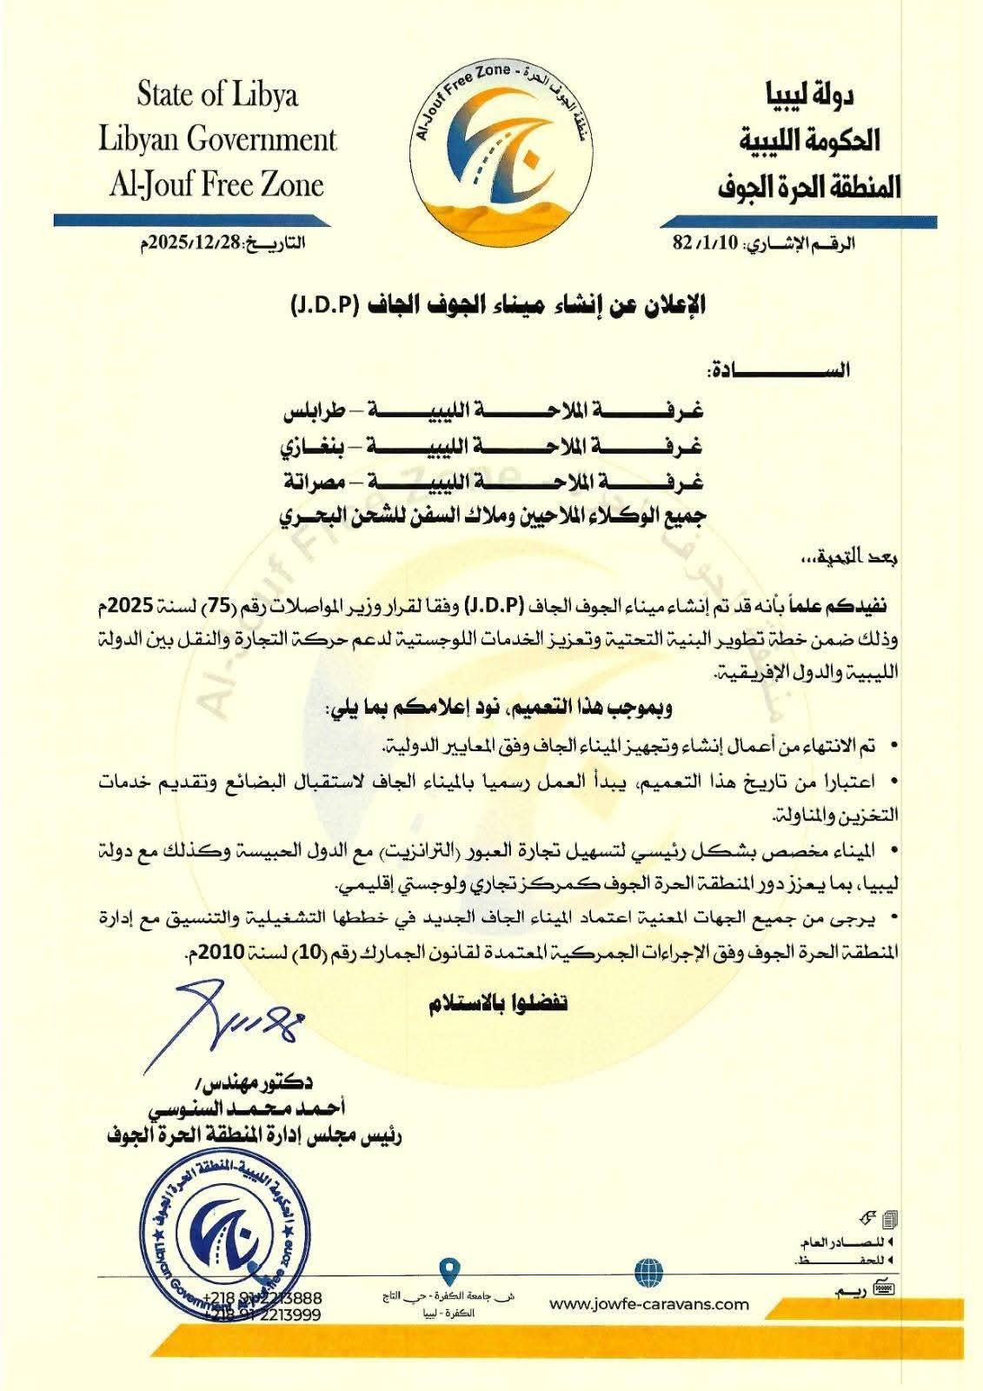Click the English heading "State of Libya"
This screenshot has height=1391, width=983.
point(217,94)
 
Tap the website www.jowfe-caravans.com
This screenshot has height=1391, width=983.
point(649,1303)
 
